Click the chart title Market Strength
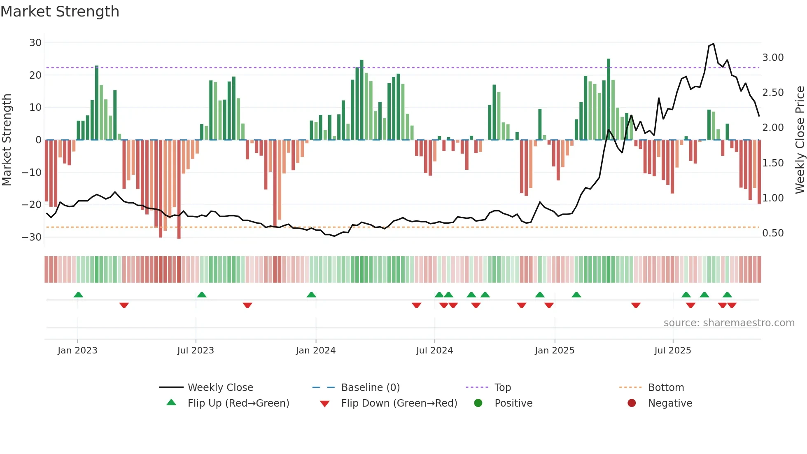[x=60, y=12]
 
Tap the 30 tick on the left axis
[x=35, y=43]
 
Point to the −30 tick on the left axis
[x=32, y=237]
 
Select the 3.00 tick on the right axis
[x=773, y=58]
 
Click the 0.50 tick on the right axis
[x=773, y=233]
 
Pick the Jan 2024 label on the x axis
[x=315, y=351]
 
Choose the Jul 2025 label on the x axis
[x=672, y=351]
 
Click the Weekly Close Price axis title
[x=800, y=140]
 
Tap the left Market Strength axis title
[x=7, y=140]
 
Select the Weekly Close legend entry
[x=220, y=388]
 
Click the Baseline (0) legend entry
[x=370, y=388]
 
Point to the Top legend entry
[x=502, y=388]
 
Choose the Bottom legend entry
[x=666, y=388]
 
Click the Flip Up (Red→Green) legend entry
[x=238, y=403]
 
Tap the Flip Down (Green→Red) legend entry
[x=399, y=403]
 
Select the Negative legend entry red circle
[x=632, y=403]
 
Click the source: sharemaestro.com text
[x=729, y=323]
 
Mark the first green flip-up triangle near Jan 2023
[x=78, y=295]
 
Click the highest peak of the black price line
[x=714, y=44]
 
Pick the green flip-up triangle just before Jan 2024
[x=311, y=295]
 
